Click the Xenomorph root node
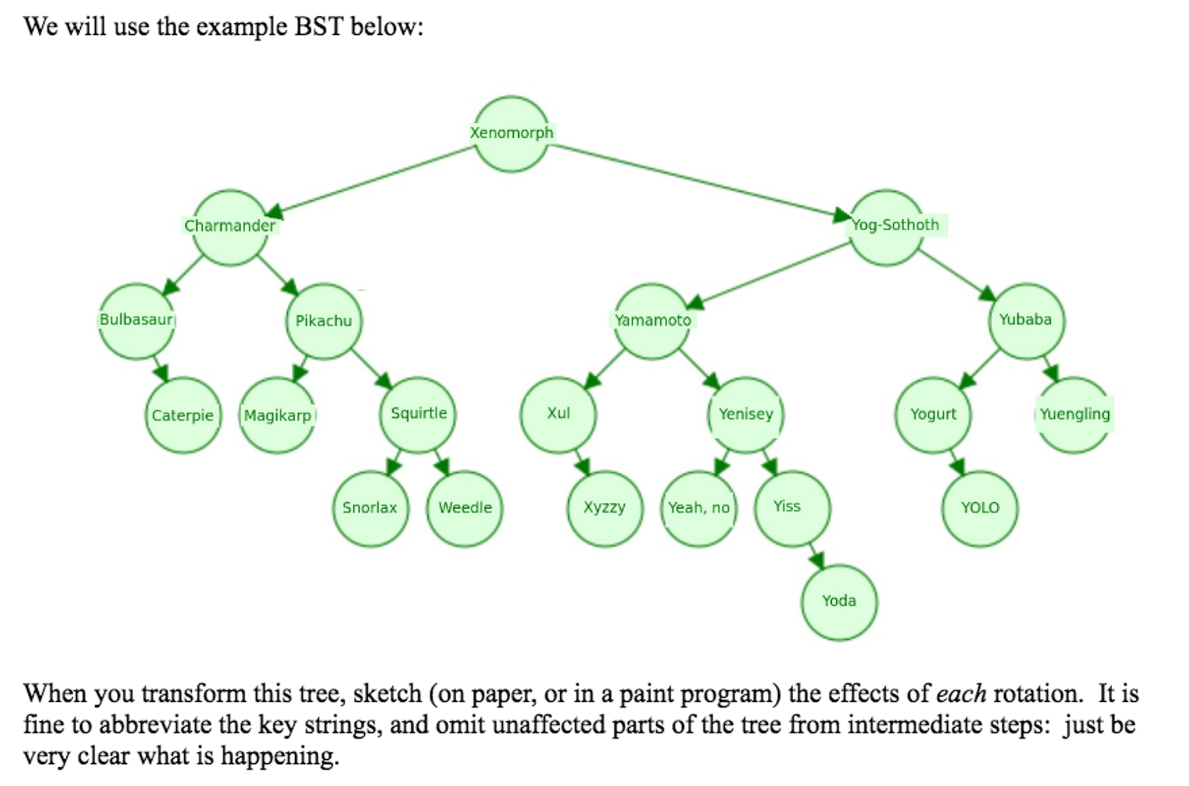pyautogui.click(x=511, y=134)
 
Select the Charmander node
pyautogui.click(x=230, y=227)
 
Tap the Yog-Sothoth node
pyautogui.click(x=886, y=227)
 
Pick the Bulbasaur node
pyautogui.click(x=137, y=321)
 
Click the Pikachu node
pyautogui.click(x=324, y=321)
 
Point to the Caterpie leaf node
pyautogui.click(x=183, y=415)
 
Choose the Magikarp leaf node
pyautogui.click(x=277, y=415)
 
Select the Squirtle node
pyautogui.click(x=418, y=415)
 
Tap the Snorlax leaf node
pyautogui.click(x=371, y=509)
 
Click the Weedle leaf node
pyautogui.click(x=465, y=509)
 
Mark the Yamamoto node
pyautogui.click(x=652, y=321)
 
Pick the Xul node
pyautogui.click(x=558, y=415)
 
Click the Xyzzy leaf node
pyautogui.click(x=605, y=509)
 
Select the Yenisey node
pyautogui.click(x=746, y=415)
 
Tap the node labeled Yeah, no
pyautogui.click(x=699, y=509)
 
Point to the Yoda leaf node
pyautogui.click(x=839, y=602)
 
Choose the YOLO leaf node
pyautogui.click(x=980, y=509)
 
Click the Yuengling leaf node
pyautogui.click(x=1074, y=415)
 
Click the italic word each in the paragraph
pyautogui.click(x=961, y=694)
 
